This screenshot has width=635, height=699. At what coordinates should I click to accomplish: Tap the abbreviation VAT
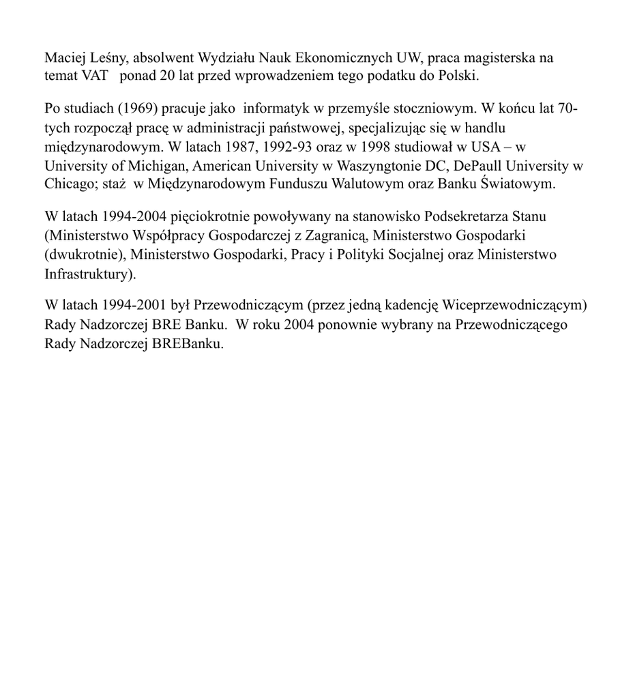pos(94,76)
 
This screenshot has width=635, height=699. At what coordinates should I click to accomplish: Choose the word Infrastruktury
pos(88,274)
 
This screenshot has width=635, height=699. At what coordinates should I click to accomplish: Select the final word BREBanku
pos(188,344)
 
